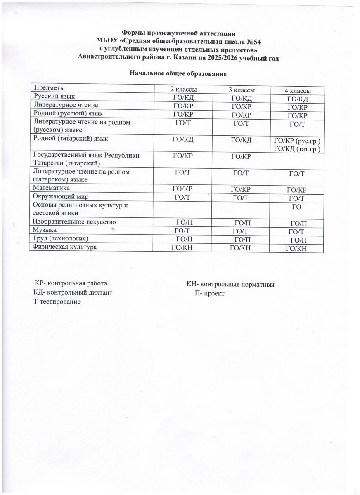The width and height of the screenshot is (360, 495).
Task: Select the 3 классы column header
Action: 242,90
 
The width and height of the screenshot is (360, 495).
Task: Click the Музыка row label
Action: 45,229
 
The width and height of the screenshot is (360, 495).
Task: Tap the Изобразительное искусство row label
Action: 74,222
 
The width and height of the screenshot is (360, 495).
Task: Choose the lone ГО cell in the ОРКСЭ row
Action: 296,206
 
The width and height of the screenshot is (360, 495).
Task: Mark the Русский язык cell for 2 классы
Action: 183,97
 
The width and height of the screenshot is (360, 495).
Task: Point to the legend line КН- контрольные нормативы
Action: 231,284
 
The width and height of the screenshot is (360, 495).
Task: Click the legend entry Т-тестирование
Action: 57,302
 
